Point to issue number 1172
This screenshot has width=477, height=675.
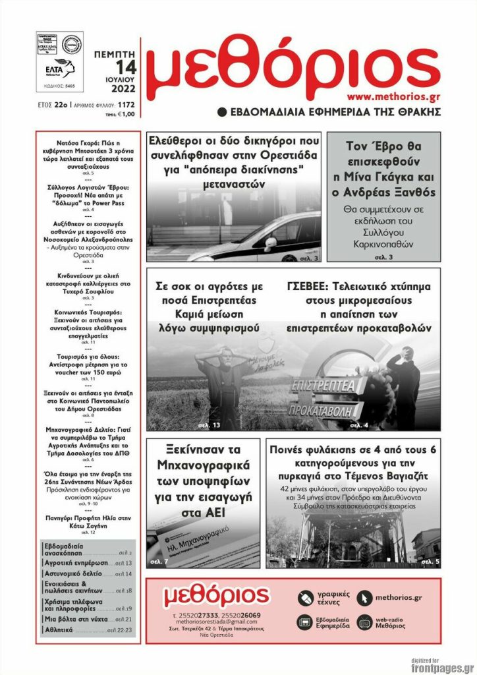tap(128, 105)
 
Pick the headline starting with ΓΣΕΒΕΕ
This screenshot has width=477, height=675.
tap(359, 307)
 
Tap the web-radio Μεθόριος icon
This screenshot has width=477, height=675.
tap(364, 622)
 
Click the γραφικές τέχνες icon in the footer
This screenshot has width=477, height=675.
tap(304, 598)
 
